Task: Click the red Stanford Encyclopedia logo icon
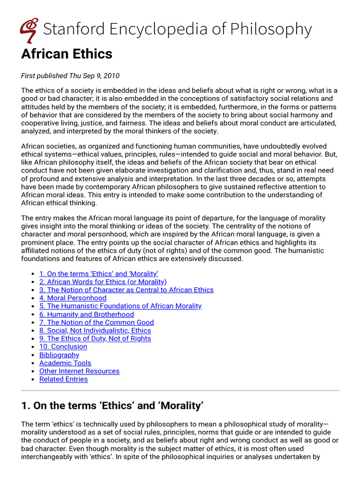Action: pyautogui.click(x=30, y=30)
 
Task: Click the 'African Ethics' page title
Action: pyautogui.click(x=67, y=54)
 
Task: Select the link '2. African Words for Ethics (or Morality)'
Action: pyautogui.click(x=103, y=282)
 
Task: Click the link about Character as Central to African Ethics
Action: pyautogui.click(x=126, y=290)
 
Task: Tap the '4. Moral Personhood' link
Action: pyautogui.click(x=73, y=298)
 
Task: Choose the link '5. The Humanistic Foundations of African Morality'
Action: pyautogui.click(x=120, y=306)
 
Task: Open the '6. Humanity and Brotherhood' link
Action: pyautogui.click(x=86, y=314)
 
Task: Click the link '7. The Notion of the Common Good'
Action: pyautogui.click(x=96, y=322)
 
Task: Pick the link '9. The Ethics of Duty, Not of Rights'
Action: pyautogui.click(x=95, y=338)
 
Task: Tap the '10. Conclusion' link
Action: pyautogui.click(x=63, y=346)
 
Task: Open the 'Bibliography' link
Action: pyautogui.click(x=59, y=355)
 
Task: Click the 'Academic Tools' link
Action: pyautogui.click(x=65, y=363)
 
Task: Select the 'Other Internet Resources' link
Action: pyautogui.click(x=79, y=371)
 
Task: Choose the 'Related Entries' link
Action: pyautogui.click(x=63, y=379)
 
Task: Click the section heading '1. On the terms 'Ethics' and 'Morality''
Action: pyautogui.click(x=112, y=406)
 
